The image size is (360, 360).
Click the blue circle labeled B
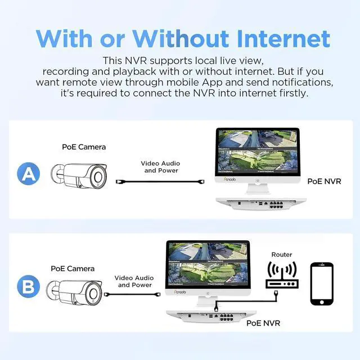coord(28,287)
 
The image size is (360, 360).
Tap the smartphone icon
coord(322,283)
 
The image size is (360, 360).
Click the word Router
coord(281,255)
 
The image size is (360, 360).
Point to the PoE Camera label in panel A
coord(84,147)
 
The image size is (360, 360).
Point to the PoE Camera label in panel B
coord(73,268)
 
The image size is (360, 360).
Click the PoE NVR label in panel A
coord(324,181)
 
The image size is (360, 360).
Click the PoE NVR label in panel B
coord(263,323)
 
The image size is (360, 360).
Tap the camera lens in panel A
coord(99,177)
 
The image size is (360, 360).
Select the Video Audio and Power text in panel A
coord(161,167)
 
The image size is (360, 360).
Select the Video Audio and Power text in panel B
coord(134,281)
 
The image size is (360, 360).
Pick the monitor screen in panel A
coord(257,151)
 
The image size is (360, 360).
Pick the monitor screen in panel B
coord(208,265)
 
